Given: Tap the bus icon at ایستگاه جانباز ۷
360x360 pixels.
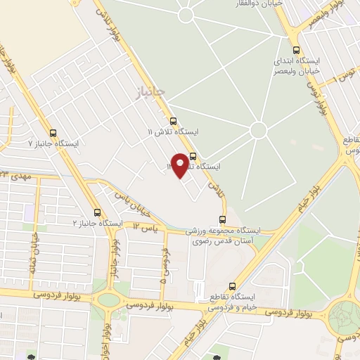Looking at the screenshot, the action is [54, 132].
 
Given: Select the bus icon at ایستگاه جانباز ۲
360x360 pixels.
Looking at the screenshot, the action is [97, 212].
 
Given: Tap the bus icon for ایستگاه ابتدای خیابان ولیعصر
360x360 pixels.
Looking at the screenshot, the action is [295, 50].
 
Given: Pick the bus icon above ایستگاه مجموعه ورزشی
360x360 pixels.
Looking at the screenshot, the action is [223, 219].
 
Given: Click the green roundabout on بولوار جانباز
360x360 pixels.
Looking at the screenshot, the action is [108, 299].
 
